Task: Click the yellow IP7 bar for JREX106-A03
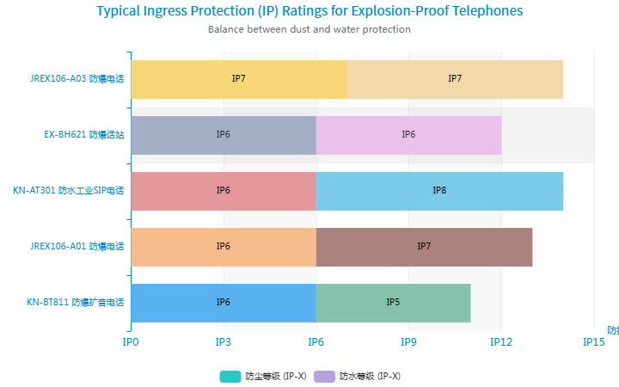239,79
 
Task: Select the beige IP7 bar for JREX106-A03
455,79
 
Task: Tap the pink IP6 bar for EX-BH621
408,135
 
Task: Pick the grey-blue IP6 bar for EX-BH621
224,135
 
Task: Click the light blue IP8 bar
439,191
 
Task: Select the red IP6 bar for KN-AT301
224,191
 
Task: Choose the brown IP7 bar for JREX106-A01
424,247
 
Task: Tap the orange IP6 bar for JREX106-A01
224,247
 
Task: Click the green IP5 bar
393,303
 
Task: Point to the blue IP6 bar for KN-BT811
224,303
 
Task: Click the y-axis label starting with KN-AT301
69,191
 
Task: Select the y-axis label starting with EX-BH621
84,135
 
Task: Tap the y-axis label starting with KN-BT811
75,303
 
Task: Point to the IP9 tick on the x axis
409,342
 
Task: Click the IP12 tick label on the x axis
501,342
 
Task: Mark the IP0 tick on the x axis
131,342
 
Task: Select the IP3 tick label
224,342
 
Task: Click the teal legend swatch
230,376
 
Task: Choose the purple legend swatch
324,376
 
